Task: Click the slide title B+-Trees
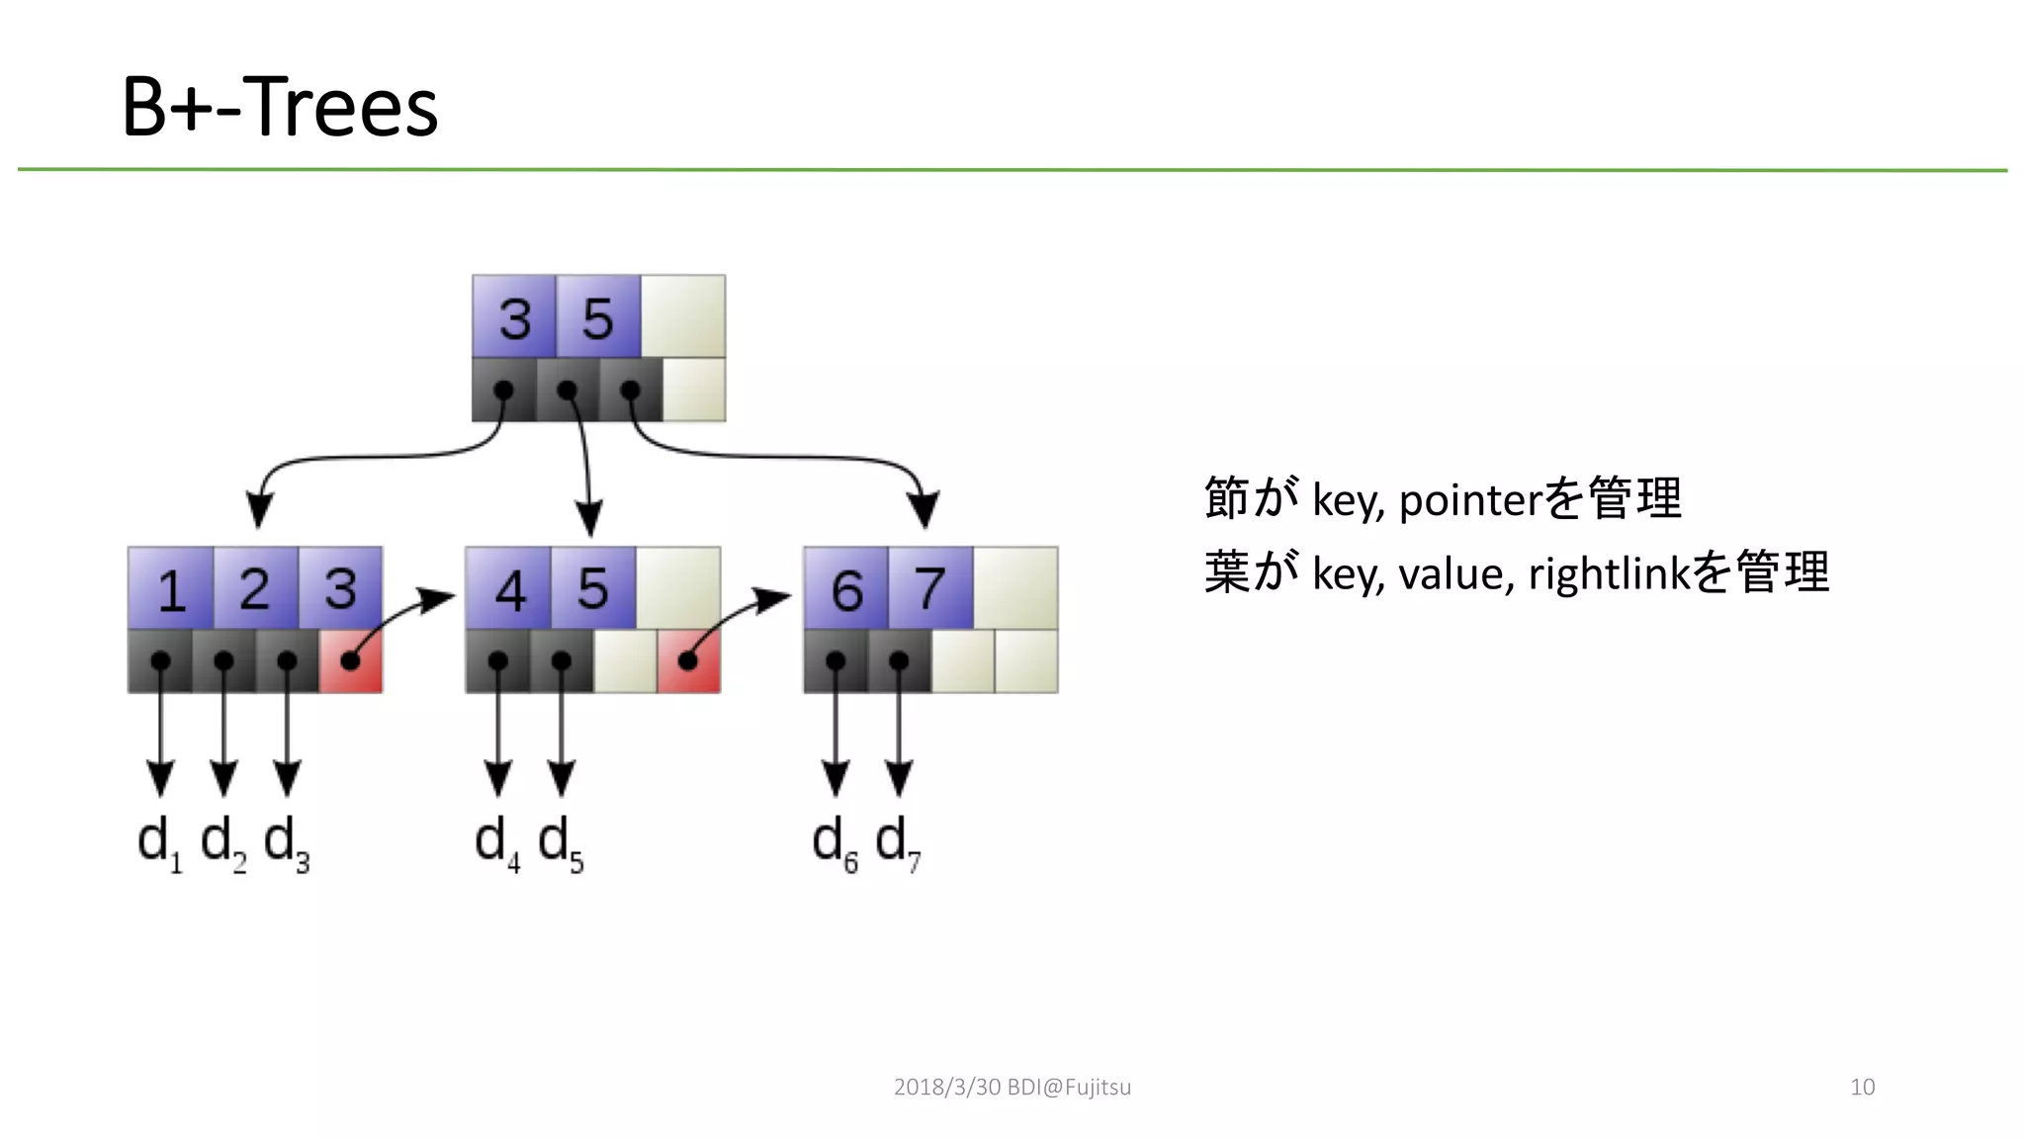tap(280, 107)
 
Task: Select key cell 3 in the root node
tap(514, 317)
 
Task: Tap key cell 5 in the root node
tap(597, 317)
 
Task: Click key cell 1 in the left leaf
tap(171, 588)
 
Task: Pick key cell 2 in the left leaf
tap(255, 588)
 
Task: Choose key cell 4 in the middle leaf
tap(508, 588)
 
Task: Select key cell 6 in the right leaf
tap(846, 588)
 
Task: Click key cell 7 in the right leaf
tap(929, 588)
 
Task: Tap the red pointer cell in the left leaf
tap(350, 660)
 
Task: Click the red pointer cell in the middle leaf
tap(688, 660)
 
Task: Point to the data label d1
tap(159, 843)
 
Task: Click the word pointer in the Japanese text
tap(1469, 500)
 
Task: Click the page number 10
tap(1862, 1087)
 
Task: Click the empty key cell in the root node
tap(682, 317)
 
